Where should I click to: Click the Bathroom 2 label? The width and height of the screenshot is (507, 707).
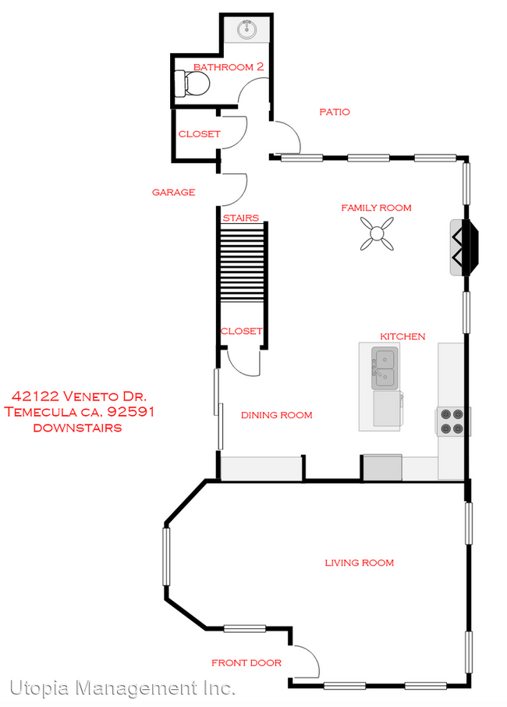point(229,67)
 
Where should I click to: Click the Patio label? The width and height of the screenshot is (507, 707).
point(335,112)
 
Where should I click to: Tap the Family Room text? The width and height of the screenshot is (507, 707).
point(376,208)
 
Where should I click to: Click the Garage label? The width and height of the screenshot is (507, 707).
point(173,192)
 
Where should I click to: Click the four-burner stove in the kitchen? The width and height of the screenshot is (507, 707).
point(452,421)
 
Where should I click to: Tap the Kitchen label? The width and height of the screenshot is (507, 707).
point(402,336)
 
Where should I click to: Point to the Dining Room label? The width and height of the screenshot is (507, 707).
point(276,415)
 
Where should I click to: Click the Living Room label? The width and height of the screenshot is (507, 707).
point(360,563)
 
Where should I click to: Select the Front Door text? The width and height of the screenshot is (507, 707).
point(246,663)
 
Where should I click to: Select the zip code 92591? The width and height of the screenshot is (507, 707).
point(129,412)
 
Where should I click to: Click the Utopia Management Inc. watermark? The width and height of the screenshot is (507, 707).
point(122,688)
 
